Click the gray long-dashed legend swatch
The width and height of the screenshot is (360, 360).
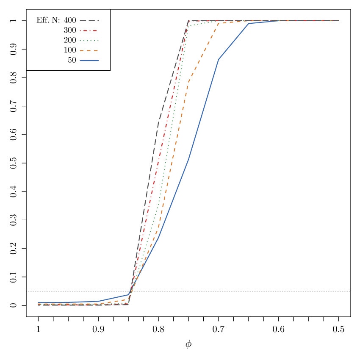(89, 20)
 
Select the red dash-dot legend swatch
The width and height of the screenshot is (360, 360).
(89, 30)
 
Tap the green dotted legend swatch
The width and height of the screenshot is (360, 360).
(89, 41)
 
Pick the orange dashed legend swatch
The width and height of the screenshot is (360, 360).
(89, 50)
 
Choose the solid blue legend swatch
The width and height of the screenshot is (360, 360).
(89, 61)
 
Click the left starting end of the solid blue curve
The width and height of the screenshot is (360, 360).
(38, 303)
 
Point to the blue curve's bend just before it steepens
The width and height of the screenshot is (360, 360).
(128, 295)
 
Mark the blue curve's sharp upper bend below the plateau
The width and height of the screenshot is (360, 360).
(219, 59)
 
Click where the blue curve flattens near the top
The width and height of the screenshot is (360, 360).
(249, 23)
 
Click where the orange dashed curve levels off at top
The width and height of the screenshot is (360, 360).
(219, 23)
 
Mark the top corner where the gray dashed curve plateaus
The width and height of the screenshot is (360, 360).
(188, 20)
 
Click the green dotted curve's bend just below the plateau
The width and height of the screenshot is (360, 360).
(188, 26)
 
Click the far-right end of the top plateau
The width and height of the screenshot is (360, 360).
(339, 20)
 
